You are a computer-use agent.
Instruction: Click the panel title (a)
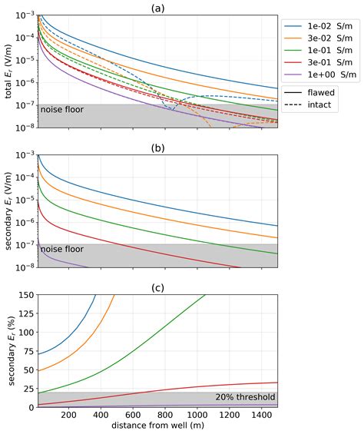coord(157,7)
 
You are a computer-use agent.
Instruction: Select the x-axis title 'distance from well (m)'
coord(157,426)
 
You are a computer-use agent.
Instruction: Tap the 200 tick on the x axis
coord(68,416)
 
